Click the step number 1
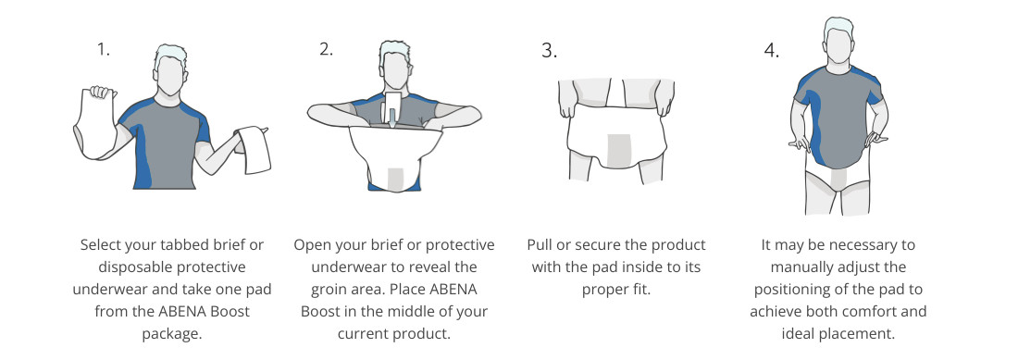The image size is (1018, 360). tap(104, 50)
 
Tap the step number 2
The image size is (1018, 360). tap(326, 50)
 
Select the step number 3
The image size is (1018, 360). tap(549, 51)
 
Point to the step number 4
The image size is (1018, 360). tap(771, 51)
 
